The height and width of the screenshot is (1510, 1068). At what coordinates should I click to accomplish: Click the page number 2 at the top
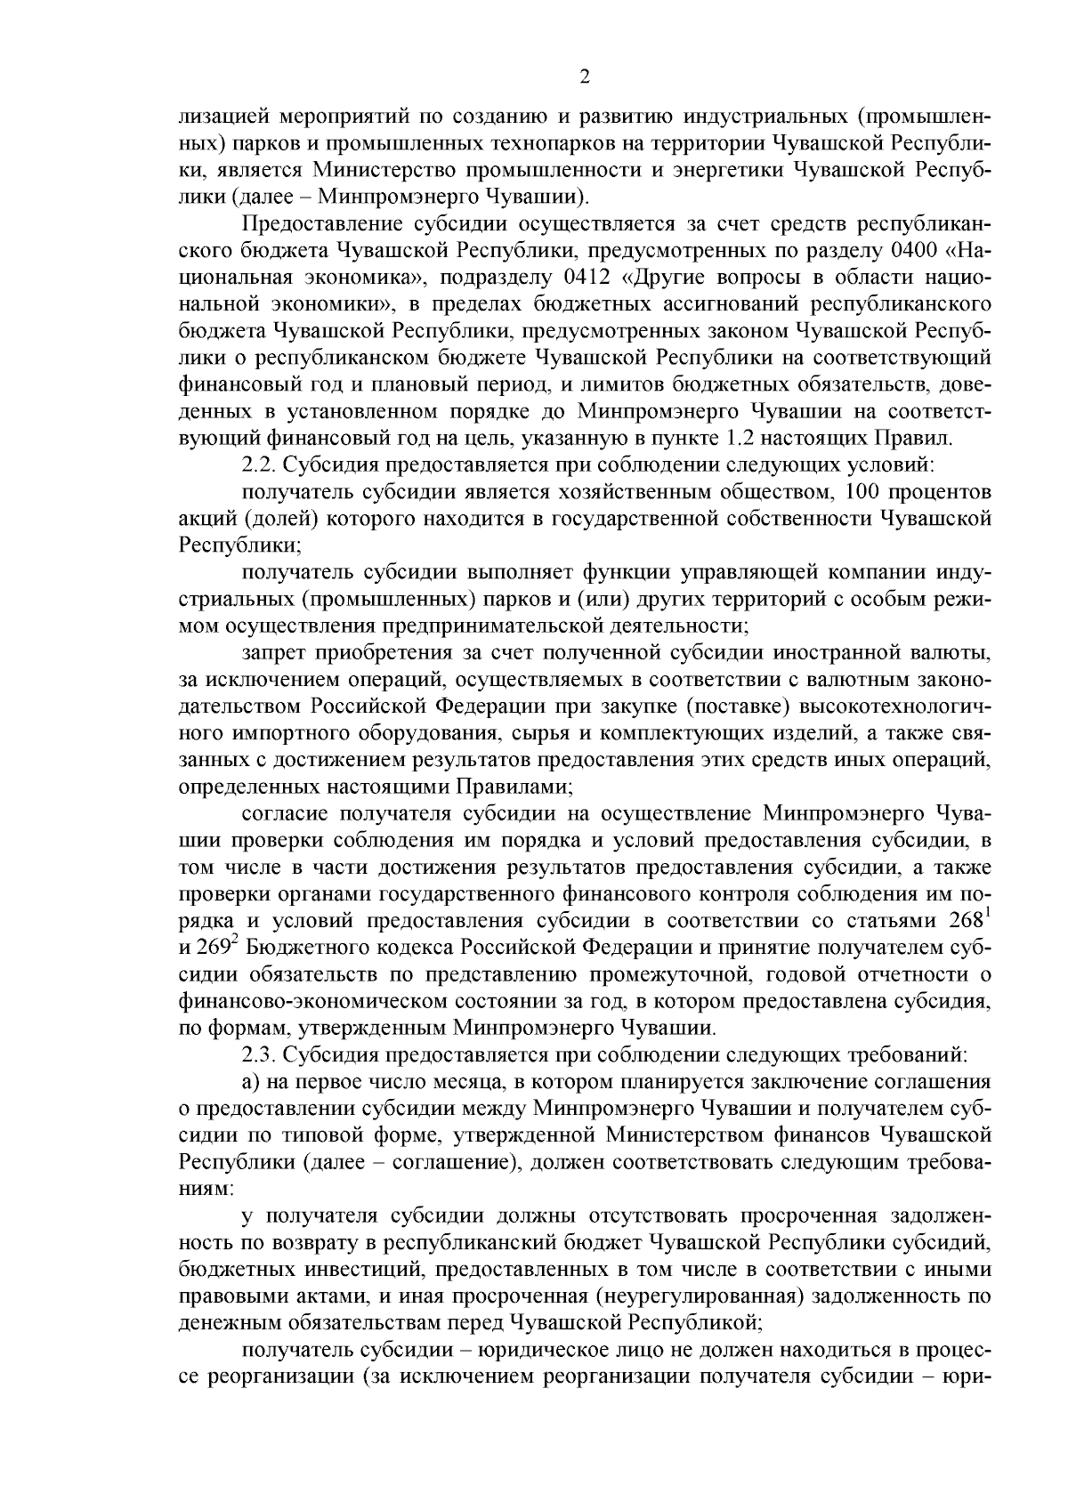pyautogui.click(x=584, y=77)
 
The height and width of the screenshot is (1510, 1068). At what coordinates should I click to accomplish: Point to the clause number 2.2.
pyautogui.click(x=259, y=464)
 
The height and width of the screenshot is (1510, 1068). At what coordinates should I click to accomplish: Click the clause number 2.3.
pyautogui.click(x=259, y=1055)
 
